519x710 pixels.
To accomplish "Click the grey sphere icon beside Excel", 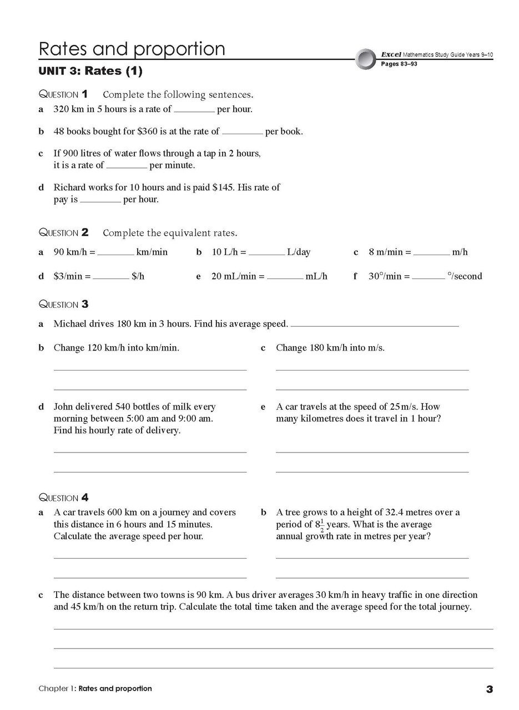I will [x=366, y=59].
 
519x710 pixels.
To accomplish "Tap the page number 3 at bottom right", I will [x=489, y=689].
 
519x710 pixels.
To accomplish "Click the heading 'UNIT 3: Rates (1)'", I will [x=90, y=71].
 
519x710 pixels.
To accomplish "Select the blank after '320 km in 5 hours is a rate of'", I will [x=194, y=110].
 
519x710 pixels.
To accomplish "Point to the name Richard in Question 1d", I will [x=70, y=187].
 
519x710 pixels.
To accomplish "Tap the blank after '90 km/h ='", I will [x=115, y=253].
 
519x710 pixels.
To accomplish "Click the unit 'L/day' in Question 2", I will [x=299, y=252].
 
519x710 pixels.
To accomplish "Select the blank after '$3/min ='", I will [x=111, y=277].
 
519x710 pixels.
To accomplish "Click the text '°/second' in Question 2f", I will [x=465, y=276].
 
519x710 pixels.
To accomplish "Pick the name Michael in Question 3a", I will [x=71, y=323].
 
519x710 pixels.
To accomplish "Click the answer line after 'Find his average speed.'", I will [x=375, y=325].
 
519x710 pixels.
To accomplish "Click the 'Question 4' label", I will [x=63, y=498].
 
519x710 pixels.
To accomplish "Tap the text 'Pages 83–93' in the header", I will [x=399, y=64].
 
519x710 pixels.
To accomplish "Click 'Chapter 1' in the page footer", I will [x=56, y=688].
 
